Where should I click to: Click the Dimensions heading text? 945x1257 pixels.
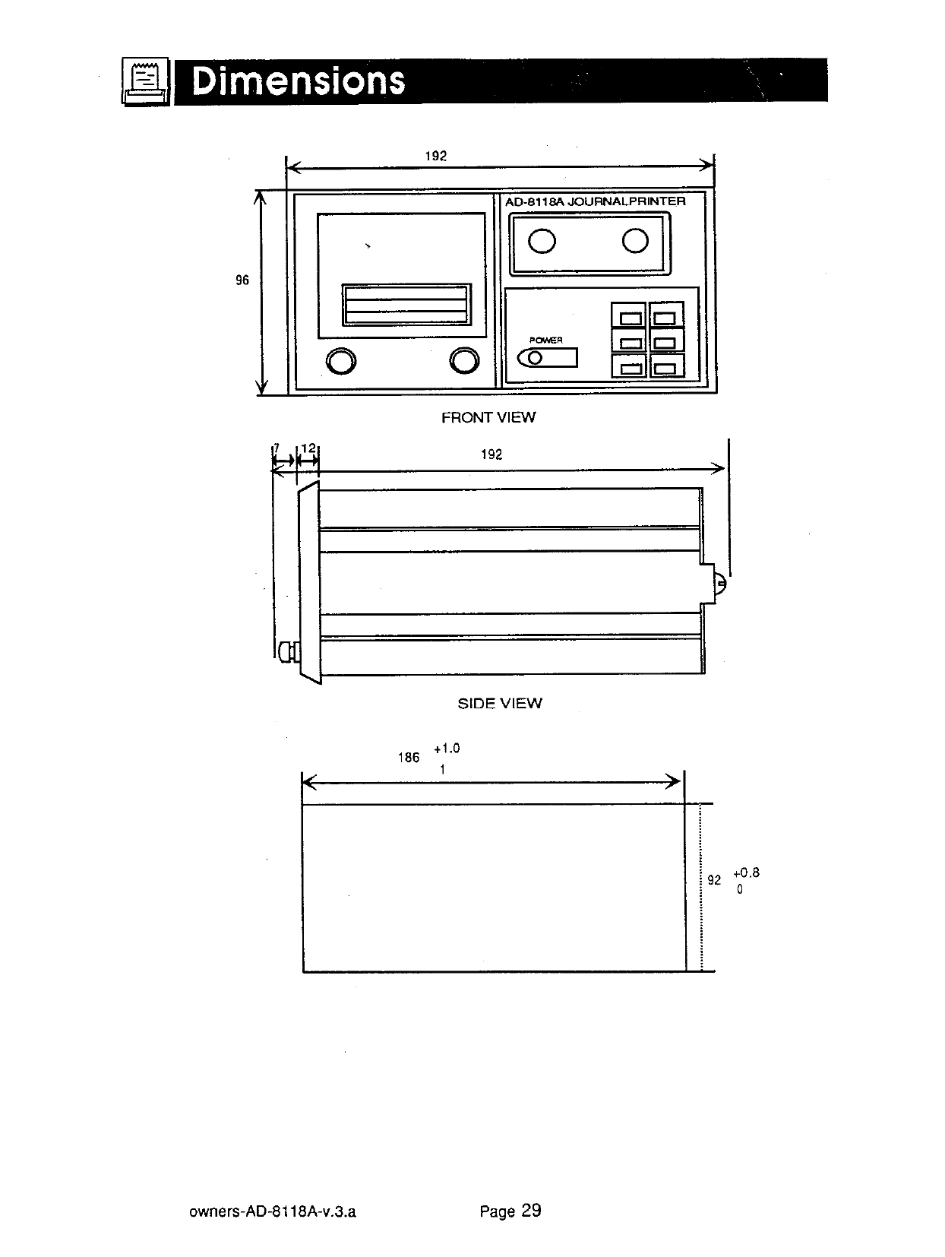[299, 81]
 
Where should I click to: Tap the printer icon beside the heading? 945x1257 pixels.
[145, 81]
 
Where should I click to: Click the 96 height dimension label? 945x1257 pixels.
[242, 280]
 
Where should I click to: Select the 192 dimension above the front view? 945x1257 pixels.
[435, 156]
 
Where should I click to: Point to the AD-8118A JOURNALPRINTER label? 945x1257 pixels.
[596, 201]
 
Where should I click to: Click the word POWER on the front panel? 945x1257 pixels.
[545, 340]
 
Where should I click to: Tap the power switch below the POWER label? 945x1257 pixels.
[547, 358]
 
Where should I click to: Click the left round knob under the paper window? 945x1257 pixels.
[341, 361]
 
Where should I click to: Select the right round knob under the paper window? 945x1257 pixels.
[464, 360]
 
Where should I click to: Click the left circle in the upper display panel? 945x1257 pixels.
[542, 241]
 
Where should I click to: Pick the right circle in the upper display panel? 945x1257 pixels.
[635, 240]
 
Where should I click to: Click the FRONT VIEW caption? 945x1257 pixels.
[488, 417]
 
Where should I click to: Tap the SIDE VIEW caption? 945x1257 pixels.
[500, 703]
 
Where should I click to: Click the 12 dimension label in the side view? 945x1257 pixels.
[308, 448]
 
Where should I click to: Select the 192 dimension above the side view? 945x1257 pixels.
[491, 454]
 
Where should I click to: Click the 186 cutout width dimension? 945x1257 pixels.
[409, 758]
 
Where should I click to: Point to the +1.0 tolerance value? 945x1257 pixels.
[447, 749]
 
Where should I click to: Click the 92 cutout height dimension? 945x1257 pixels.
[714, 879]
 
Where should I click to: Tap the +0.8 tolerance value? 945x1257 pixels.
[747, 872]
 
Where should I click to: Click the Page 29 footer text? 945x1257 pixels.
[510, 1211]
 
